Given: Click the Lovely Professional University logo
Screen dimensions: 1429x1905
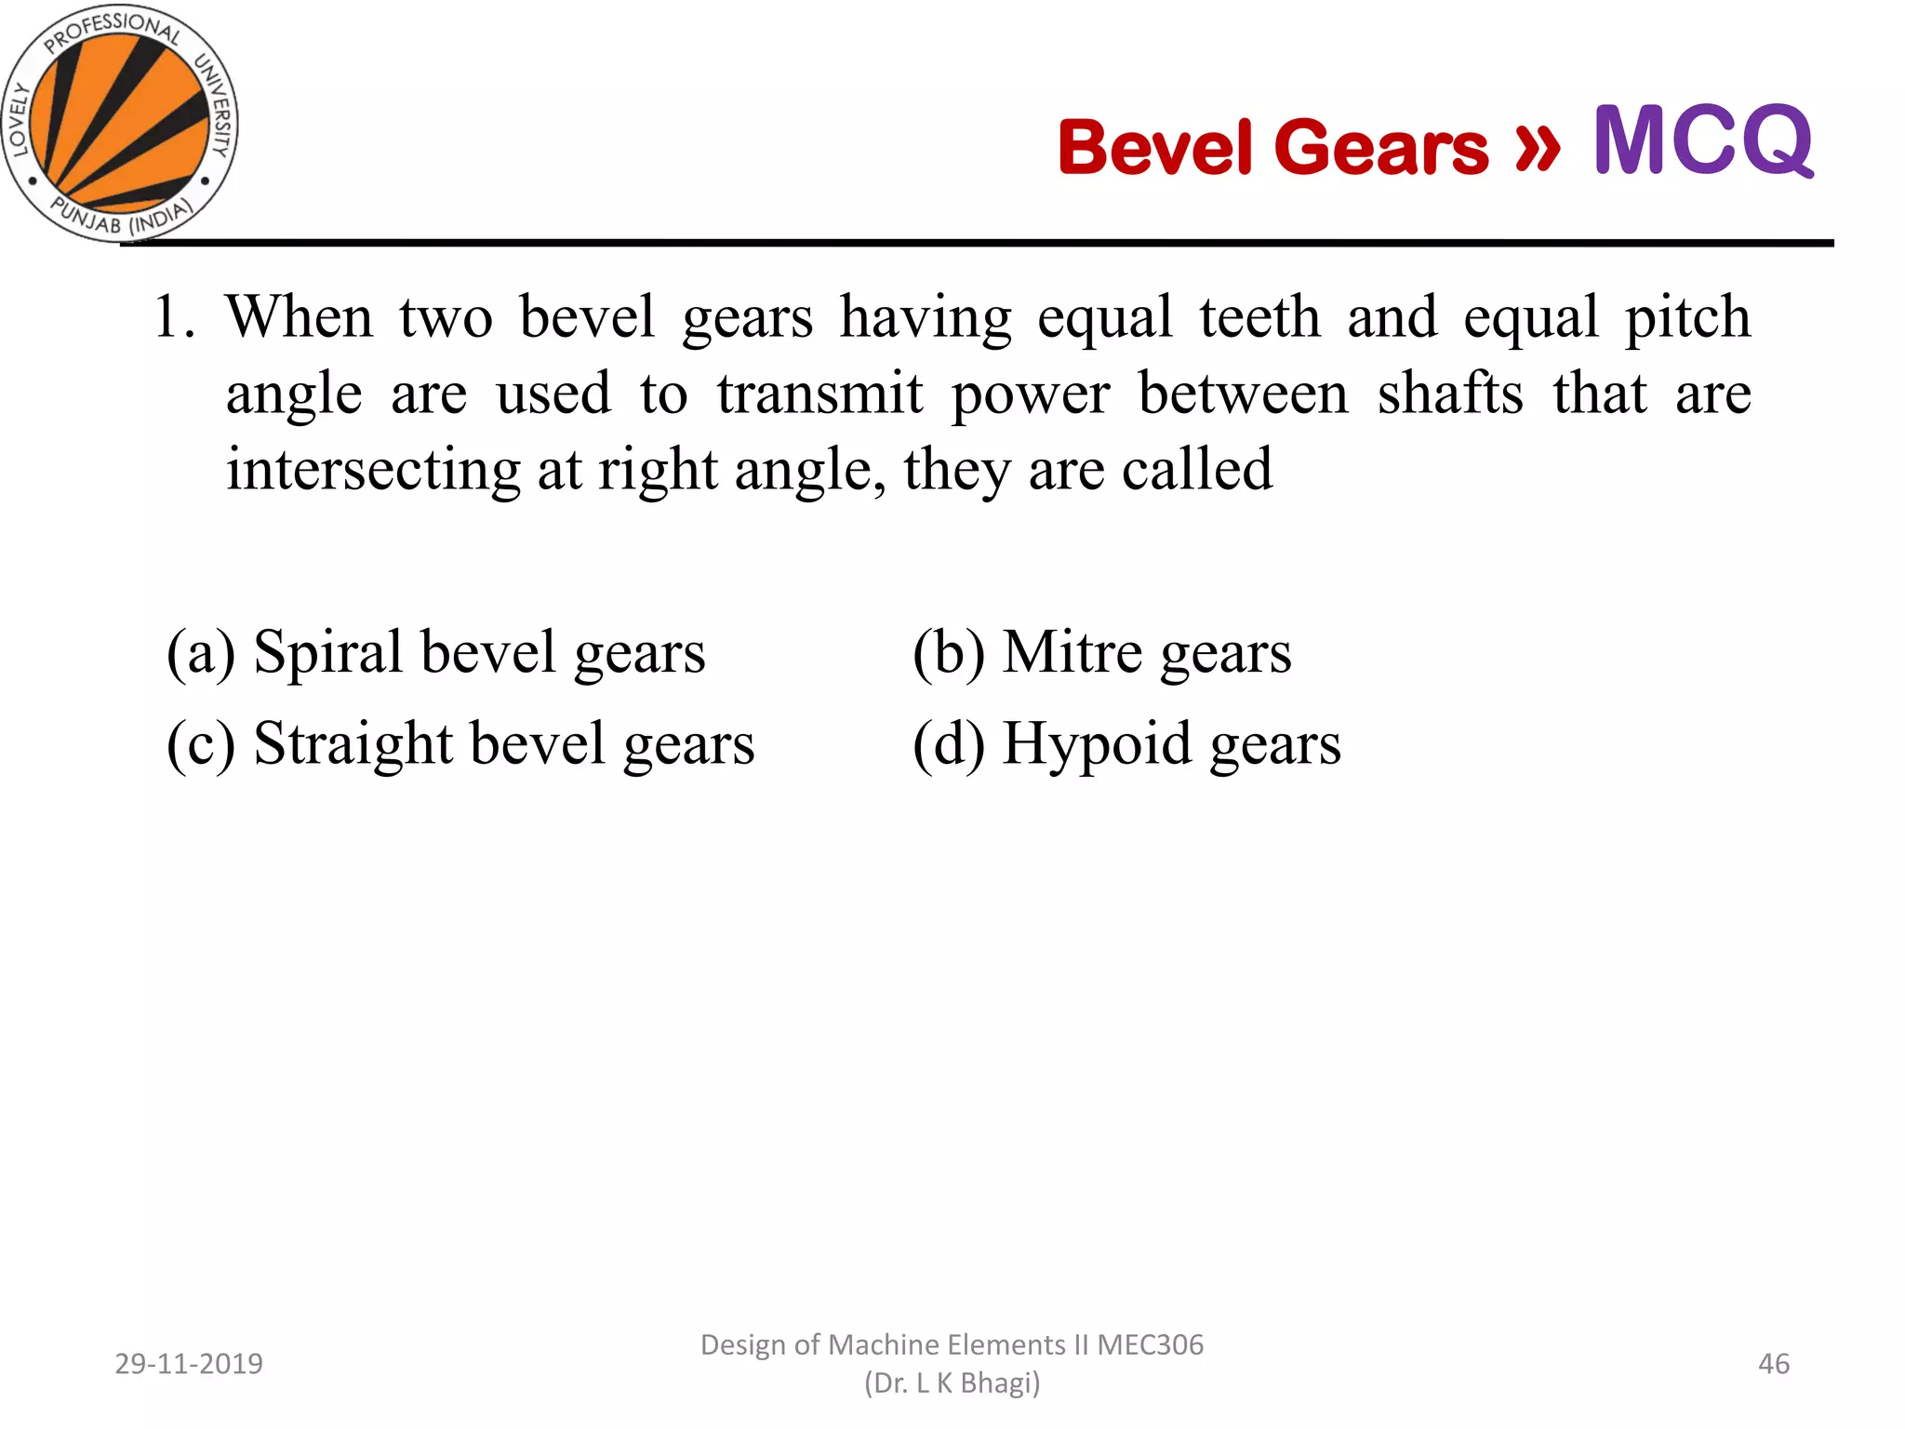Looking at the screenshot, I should [x=119, y=124].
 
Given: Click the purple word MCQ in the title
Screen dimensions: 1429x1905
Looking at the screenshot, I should [x=1703, y=141].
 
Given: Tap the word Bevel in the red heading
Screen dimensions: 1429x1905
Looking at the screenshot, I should [x=1154, y=148].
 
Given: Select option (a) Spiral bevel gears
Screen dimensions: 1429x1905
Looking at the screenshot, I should [x=435, y=653].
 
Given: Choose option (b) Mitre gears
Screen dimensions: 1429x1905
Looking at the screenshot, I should [x=1101, y=653].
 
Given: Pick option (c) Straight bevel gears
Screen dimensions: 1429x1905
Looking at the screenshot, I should [x=460, y=745].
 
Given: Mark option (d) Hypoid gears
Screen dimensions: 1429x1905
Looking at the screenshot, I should [x=1126, y=745].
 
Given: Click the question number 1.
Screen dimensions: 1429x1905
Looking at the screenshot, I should [x=173, y=317].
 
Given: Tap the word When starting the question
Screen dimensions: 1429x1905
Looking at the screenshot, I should [x=300, y=317].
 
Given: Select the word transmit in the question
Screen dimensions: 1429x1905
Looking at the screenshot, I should [x=819, y=394].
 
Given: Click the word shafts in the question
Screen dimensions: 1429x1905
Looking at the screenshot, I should [x=1450, y=394].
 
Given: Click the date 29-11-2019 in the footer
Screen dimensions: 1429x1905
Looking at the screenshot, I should [x=189, y=1364].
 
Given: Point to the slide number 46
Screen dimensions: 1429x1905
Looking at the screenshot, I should [x=1773, y=1364].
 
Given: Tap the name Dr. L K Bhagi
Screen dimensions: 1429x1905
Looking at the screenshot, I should [x=952, y=1383].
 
